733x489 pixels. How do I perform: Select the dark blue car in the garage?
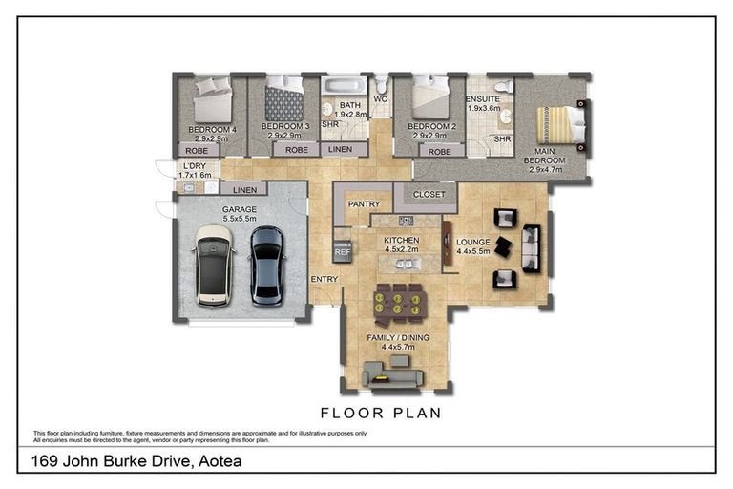click(x=266, y=265)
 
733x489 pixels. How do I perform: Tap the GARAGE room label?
click(x=240, y=209)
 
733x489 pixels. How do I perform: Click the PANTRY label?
click(x=364, y=203)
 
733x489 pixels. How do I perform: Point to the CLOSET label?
click(x=429, y=194)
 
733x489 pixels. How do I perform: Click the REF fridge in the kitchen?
click(x=343, y=252)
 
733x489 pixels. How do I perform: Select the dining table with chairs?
click(x=399, y=301)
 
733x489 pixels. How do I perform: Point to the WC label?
click(x=380, y=98)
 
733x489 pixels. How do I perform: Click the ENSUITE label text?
click(x=483, y=98)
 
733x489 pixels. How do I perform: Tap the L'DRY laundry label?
click(x=195, y=166)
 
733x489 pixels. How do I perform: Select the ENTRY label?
click(x=323, y=278)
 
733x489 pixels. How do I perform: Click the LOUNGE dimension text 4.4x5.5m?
click(x=472, y=251)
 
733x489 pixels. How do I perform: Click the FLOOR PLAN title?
click(x=380, y=414)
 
